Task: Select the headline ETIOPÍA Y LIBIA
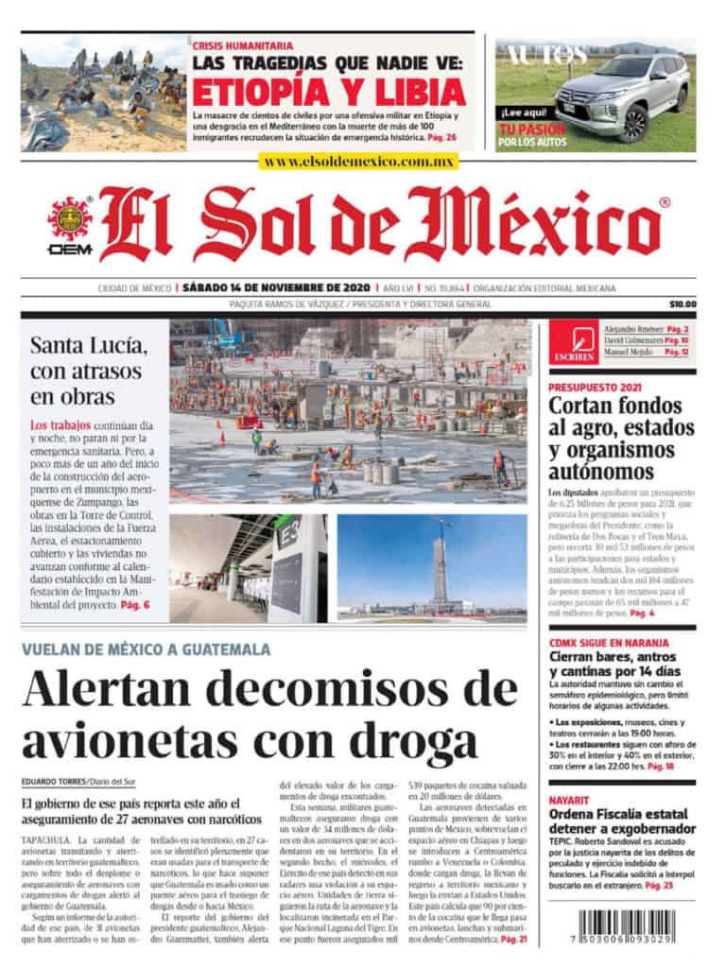(329, 92)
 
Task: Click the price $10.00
(682, 304)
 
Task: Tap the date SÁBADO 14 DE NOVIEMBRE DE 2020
(272, 287)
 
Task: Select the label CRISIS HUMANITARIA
(242, 45)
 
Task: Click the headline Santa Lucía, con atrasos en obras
(87, 370)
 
